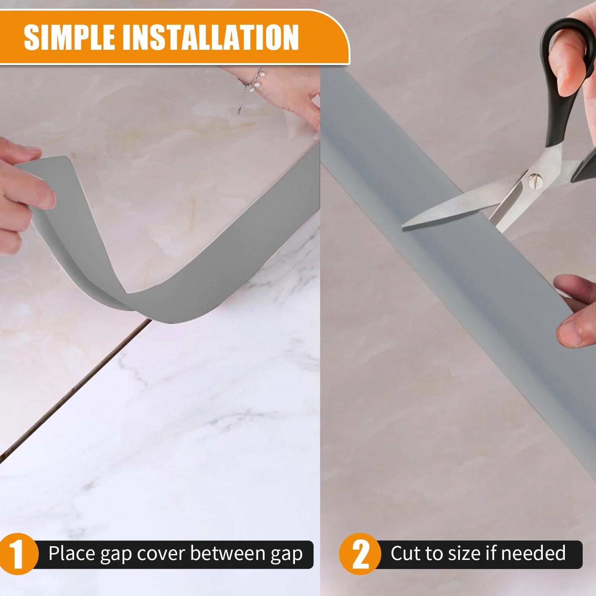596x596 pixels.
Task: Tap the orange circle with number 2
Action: point(360,554)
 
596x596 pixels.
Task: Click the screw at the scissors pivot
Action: point(536,181)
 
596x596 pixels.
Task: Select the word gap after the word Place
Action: point(116,555)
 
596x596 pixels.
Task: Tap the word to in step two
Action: point(433,554)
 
